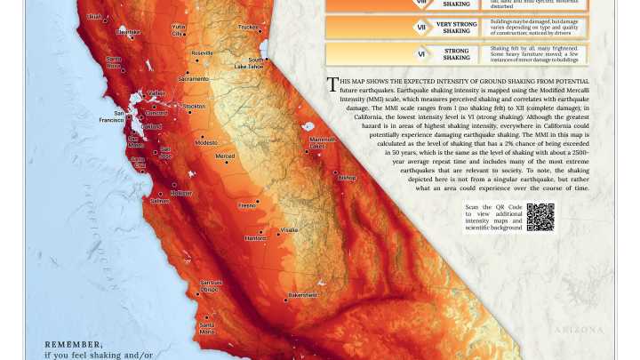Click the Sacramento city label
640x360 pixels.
click(193, 78)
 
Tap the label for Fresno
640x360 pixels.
click(246, 205)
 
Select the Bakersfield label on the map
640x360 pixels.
click(302, 295)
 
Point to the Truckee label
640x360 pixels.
click(248, 27)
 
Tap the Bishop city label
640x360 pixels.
click(347, 178)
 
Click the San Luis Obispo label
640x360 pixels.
click(210, 285)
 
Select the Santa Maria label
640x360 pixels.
click(207, 328)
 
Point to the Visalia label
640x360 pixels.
click(290, 230)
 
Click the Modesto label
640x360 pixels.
click(206, 142)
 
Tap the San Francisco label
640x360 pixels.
click(111, 116)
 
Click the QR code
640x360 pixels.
click(540, 217)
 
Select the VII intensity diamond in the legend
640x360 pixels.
click(421, 28)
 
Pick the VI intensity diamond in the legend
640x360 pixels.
click(421, 54)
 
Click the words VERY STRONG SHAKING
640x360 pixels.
click(457, 28)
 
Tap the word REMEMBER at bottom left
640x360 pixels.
click(74, 344)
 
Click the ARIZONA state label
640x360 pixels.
click(579, 330)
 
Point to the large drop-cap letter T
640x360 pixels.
click(332, 84)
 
